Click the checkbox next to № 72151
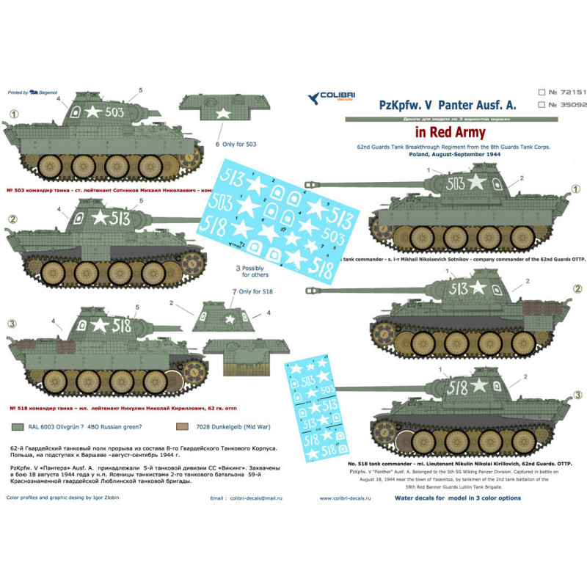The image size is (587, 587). (542, 93)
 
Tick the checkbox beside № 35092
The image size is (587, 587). (542, 105)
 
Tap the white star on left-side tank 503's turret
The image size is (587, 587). (93, 112)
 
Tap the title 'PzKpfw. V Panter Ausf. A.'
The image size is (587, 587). (445, 105)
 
